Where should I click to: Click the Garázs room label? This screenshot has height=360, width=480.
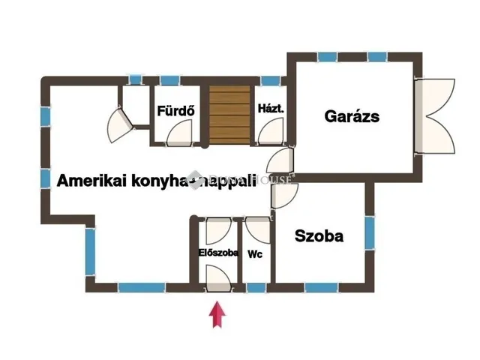coord(352,116)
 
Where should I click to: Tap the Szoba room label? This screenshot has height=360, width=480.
coord(319,236)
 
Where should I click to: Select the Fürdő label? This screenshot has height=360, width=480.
coord(176,112)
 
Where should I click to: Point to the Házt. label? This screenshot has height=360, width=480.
coord(270,109)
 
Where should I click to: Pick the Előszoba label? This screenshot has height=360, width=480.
coord(218,253)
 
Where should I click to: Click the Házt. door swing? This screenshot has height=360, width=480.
coord(266,133)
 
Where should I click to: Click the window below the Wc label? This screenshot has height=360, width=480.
coord(256,287)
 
